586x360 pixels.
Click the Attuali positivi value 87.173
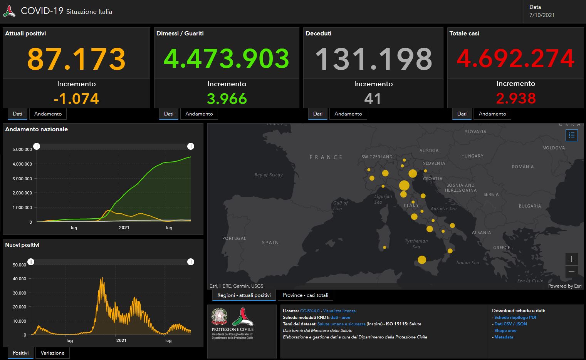(76, 59)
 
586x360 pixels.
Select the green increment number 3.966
(227, 99)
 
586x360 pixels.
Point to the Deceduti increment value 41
(373, 99)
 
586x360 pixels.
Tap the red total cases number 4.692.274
(515, 59)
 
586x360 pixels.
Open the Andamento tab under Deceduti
(348, 114)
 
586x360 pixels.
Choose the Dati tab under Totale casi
(462, 114)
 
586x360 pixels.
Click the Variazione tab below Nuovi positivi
(52, 353)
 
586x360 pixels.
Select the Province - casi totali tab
(306, 295)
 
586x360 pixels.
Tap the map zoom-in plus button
(571, 259)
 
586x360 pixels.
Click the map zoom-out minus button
(571, 271)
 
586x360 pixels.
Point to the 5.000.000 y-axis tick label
(22, 149)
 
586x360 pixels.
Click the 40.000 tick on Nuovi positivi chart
(19, 279)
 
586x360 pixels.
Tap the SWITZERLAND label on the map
(377, 157)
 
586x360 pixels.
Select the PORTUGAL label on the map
(234, 238)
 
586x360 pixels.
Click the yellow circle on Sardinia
(385, 248)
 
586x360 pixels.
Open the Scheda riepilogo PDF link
(515, 318)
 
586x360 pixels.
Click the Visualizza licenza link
(339, 311)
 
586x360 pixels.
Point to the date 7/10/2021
(542, 15)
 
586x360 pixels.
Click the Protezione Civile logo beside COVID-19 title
(9, 11)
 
